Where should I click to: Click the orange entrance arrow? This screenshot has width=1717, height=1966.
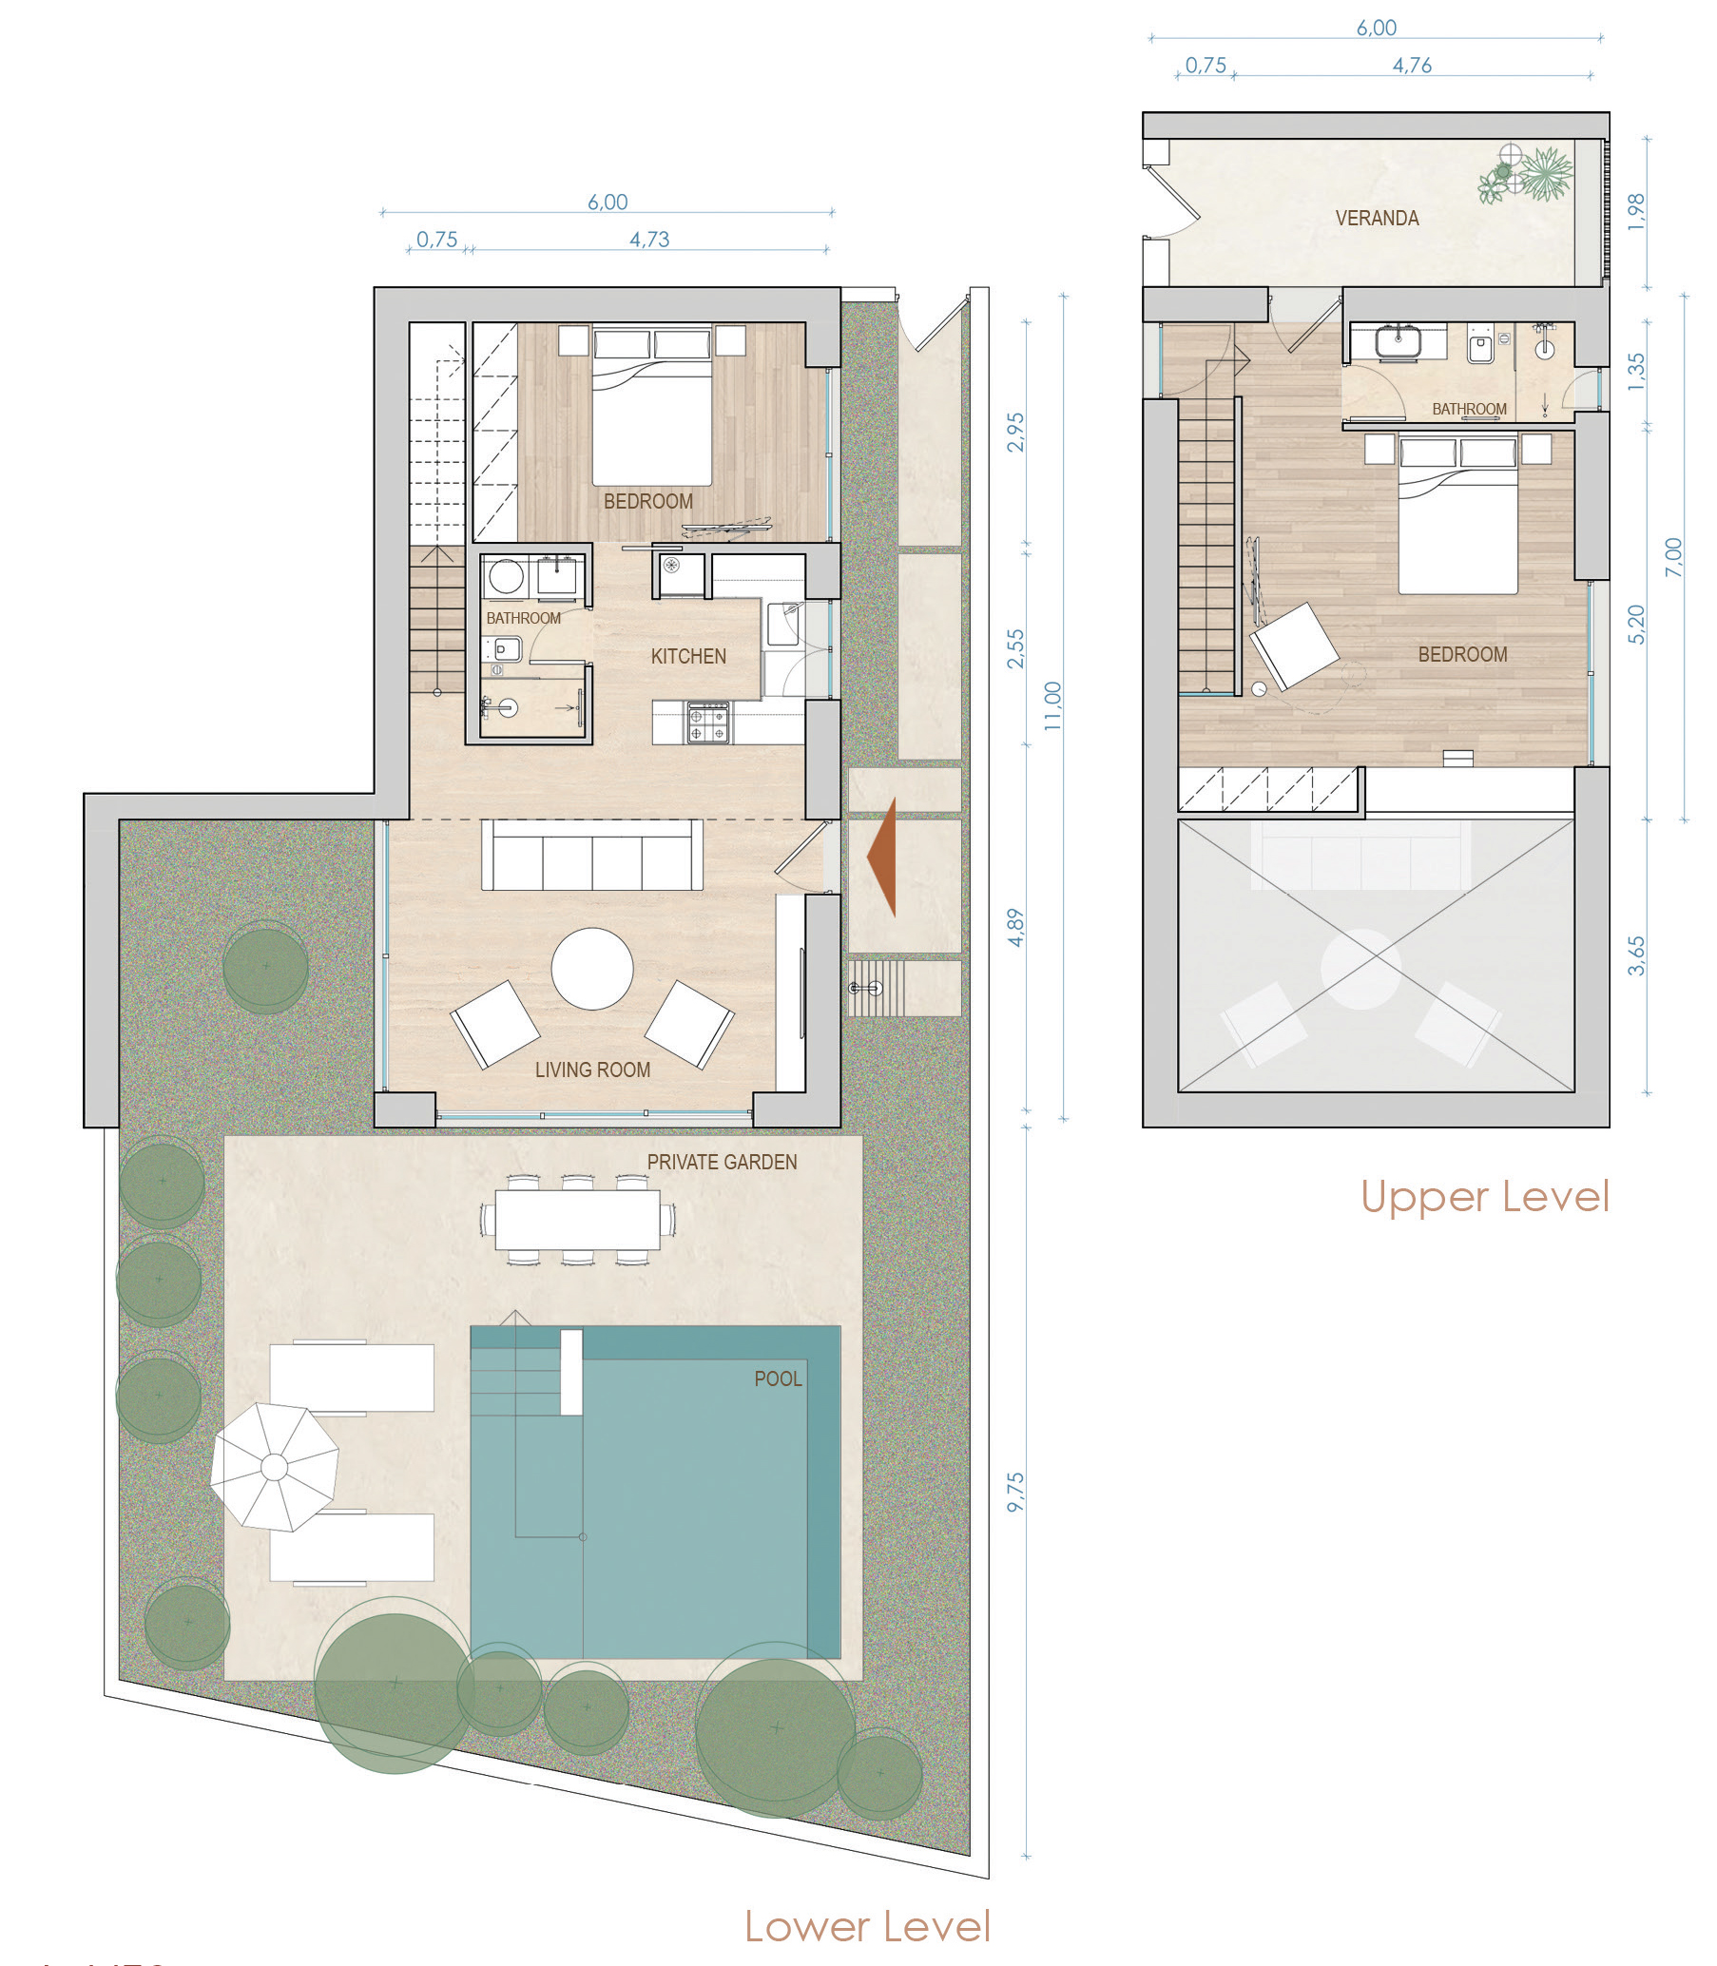click(883, 858)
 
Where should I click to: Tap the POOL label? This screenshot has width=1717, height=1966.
click(778, 1378)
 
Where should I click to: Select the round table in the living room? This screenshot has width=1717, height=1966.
click(592, 969)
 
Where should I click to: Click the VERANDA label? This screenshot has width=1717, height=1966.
click(1377, 219)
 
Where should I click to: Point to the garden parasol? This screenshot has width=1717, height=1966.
click(274, 1467)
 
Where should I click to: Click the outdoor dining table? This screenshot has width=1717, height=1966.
click(578, 1220)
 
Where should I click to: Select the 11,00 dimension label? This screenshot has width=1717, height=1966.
click(1053, 706)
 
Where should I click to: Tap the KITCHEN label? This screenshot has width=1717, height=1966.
click(688, 656)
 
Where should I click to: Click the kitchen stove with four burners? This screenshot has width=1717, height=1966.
click(708, 723)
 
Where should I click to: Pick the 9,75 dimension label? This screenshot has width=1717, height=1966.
click(1015, 1493)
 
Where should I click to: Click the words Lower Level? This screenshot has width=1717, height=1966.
click(867, 1926)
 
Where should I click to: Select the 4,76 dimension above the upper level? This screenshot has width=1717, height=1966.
click(1413, 66)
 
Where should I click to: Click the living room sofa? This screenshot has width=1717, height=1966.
click(591, 855)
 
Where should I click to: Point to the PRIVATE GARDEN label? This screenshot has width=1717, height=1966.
click(722, 1162)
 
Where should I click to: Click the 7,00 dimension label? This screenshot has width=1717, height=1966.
click(1673, 557)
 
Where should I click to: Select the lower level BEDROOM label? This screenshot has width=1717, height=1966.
click(647, 501)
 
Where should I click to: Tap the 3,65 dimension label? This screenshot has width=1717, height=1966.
click(1636, 955)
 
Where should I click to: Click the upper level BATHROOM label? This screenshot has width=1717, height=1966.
click(1469, 409)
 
